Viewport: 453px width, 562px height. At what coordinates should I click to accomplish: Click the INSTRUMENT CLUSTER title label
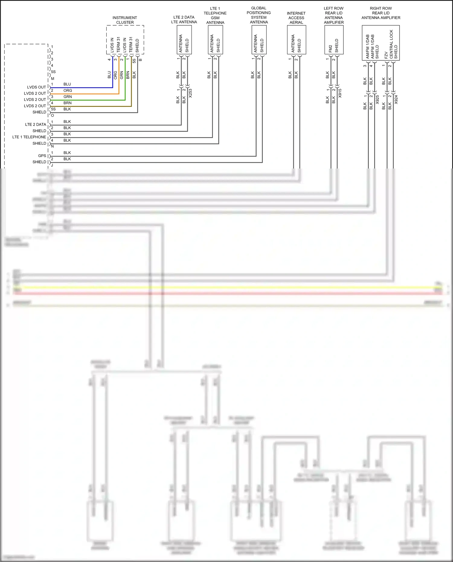(125, 20)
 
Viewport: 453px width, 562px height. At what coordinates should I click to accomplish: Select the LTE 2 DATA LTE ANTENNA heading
(184, 20)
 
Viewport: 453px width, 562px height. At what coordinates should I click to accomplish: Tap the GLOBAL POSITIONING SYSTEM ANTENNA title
(259, 15)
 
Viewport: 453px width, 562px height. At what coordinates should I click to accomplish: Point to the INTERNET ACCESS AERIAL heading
(296, 18)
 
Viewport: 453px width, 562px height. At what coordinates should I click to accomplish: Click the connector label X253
(190, 93)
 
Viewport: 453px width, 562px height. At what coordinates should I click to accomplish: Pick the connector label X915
(340, 93)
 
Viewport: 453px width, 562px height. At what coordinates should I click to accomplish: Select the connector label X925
(377, 99)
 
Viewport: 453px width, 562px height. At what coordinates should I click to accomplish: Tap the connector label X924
(396, 99)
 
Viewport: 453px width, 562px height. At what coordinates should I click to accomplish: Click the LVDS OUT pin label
(37, 87)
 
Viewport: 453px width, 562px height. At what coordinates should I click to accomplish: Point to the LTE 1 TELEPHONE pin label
(29, 137)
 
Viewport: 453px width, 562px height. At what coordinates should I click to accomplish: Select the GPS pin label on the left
(42, 156)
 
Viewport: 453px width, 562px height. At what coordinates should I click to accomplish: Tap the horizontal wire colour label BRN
(67, 103)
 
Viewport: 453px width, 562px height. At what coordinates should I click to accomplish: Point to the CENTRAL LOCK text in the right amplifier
(391, 44)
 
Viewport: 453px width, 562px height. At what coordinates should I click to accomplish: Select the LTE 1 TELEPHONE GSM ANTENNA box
(215, 40)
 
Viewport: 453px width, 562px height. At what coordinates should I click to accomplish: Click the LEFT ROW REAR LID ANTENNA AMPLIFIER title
(334, 15)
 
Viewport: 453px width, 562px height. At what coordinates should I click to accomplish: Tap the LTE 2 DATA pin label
(36, 124)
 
